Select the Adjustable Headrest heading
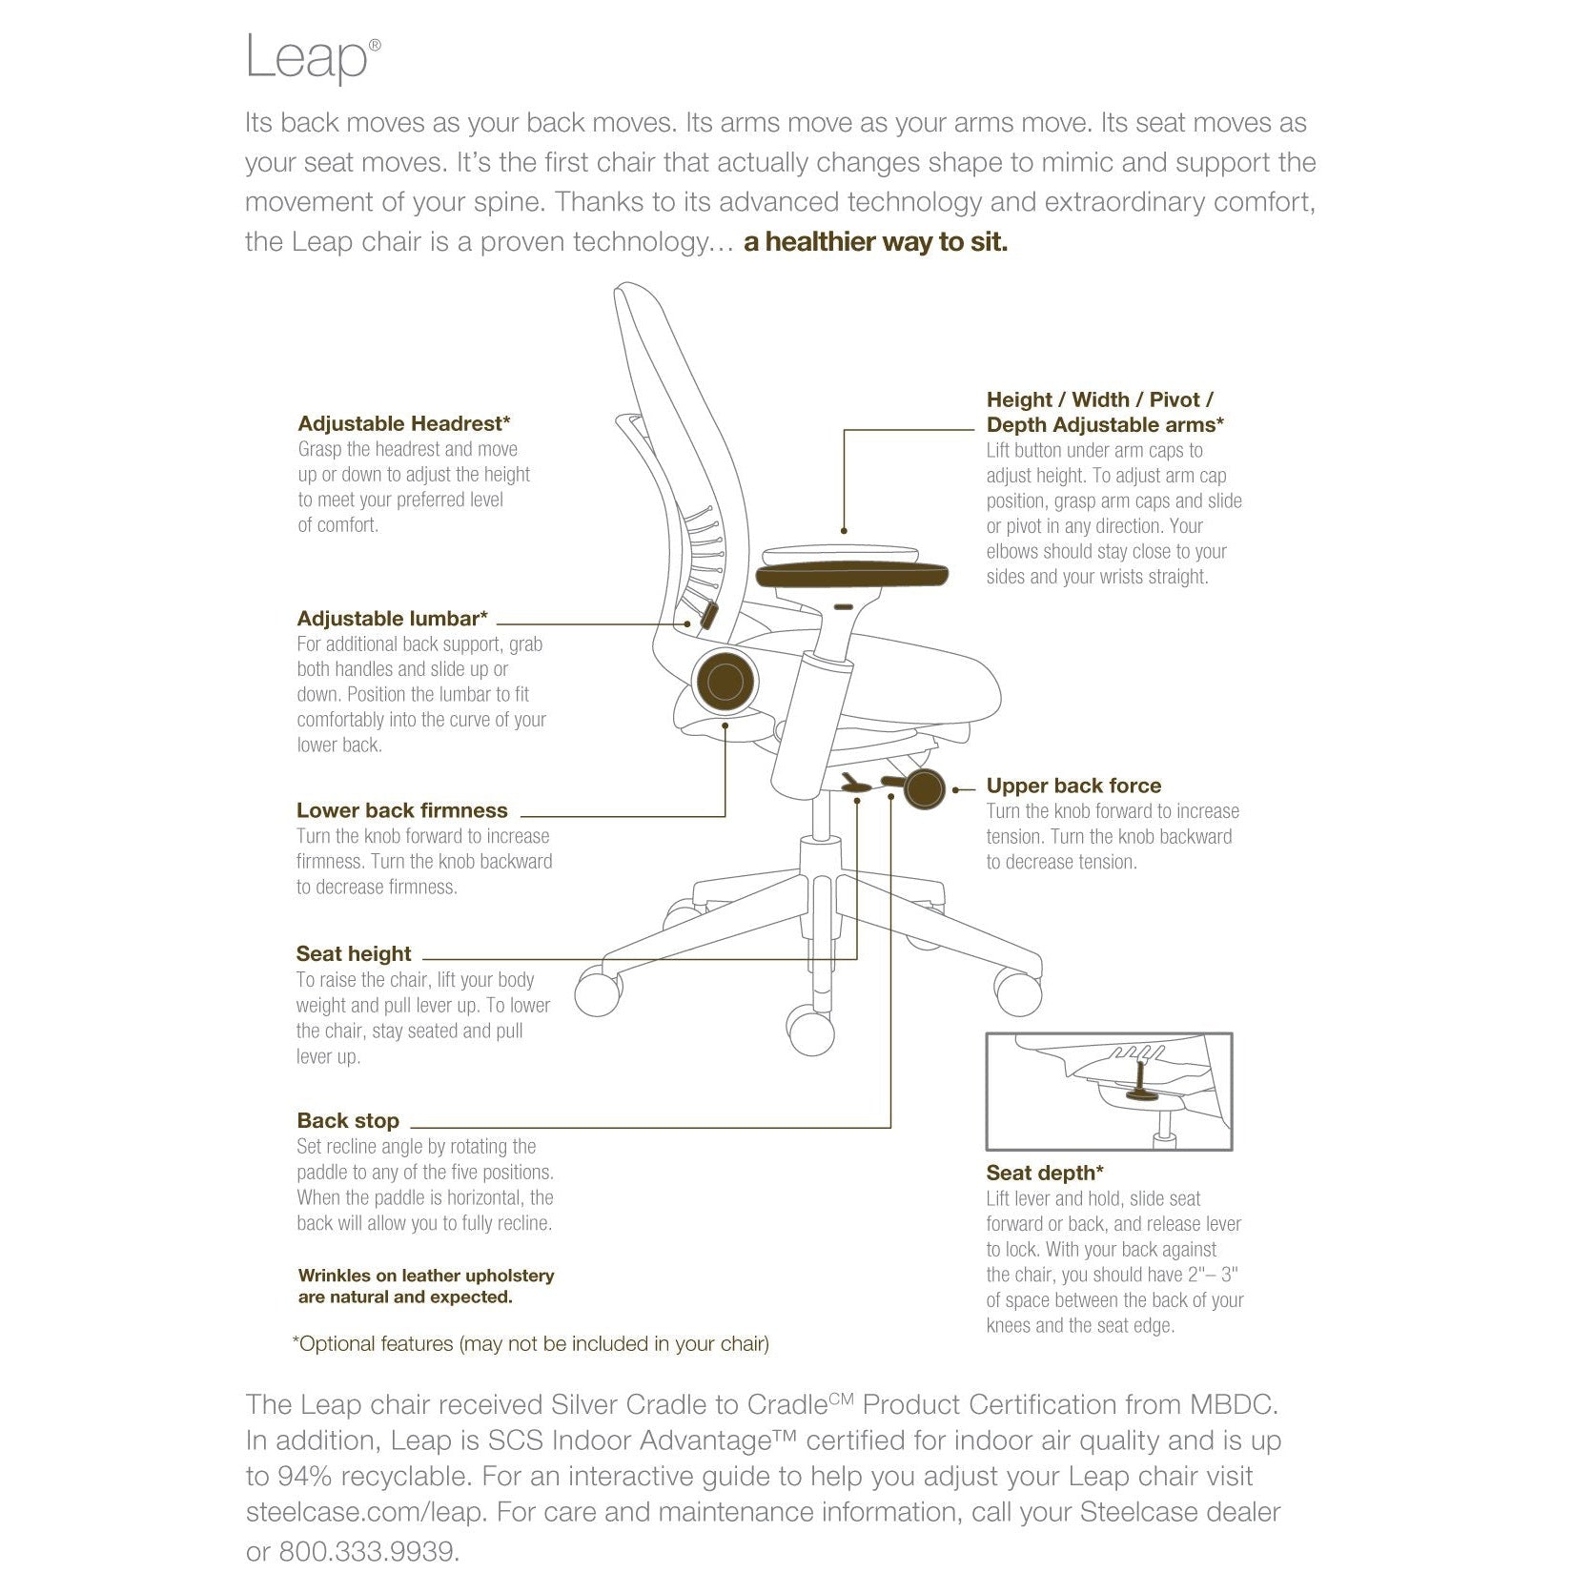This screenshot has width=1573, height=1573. (x=404, y=423)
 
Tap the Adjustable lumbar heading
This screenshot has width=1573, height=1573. (x=392, y=619)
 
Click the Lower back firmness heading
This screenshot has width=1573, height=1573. (x=401, y=810)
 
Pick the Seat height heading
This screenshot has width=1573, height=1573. (x=353, y=953)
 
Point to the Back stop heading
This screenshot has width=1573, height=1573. (x=347, y=1120)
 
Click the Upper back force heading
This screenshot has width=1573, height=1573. (x=1073, y=786)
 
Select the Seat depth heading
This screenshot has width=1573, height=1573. (x=1045, y=1173)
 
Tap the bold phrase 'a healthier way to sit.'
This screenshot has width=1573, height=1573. (x=875, y=242)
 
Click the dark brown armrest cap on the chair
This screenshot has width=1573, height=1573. (x=851, y=575)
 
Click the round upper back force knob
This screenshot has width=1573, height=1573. (x=923, y=789)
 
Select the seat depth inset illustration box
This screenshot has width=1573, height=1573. (x=1109, y=1092)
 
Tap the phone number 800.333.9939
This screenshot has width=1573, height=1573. (x=369, y=1551)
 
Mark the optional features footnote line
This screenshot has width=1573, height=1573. (x=530, y=1344)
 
